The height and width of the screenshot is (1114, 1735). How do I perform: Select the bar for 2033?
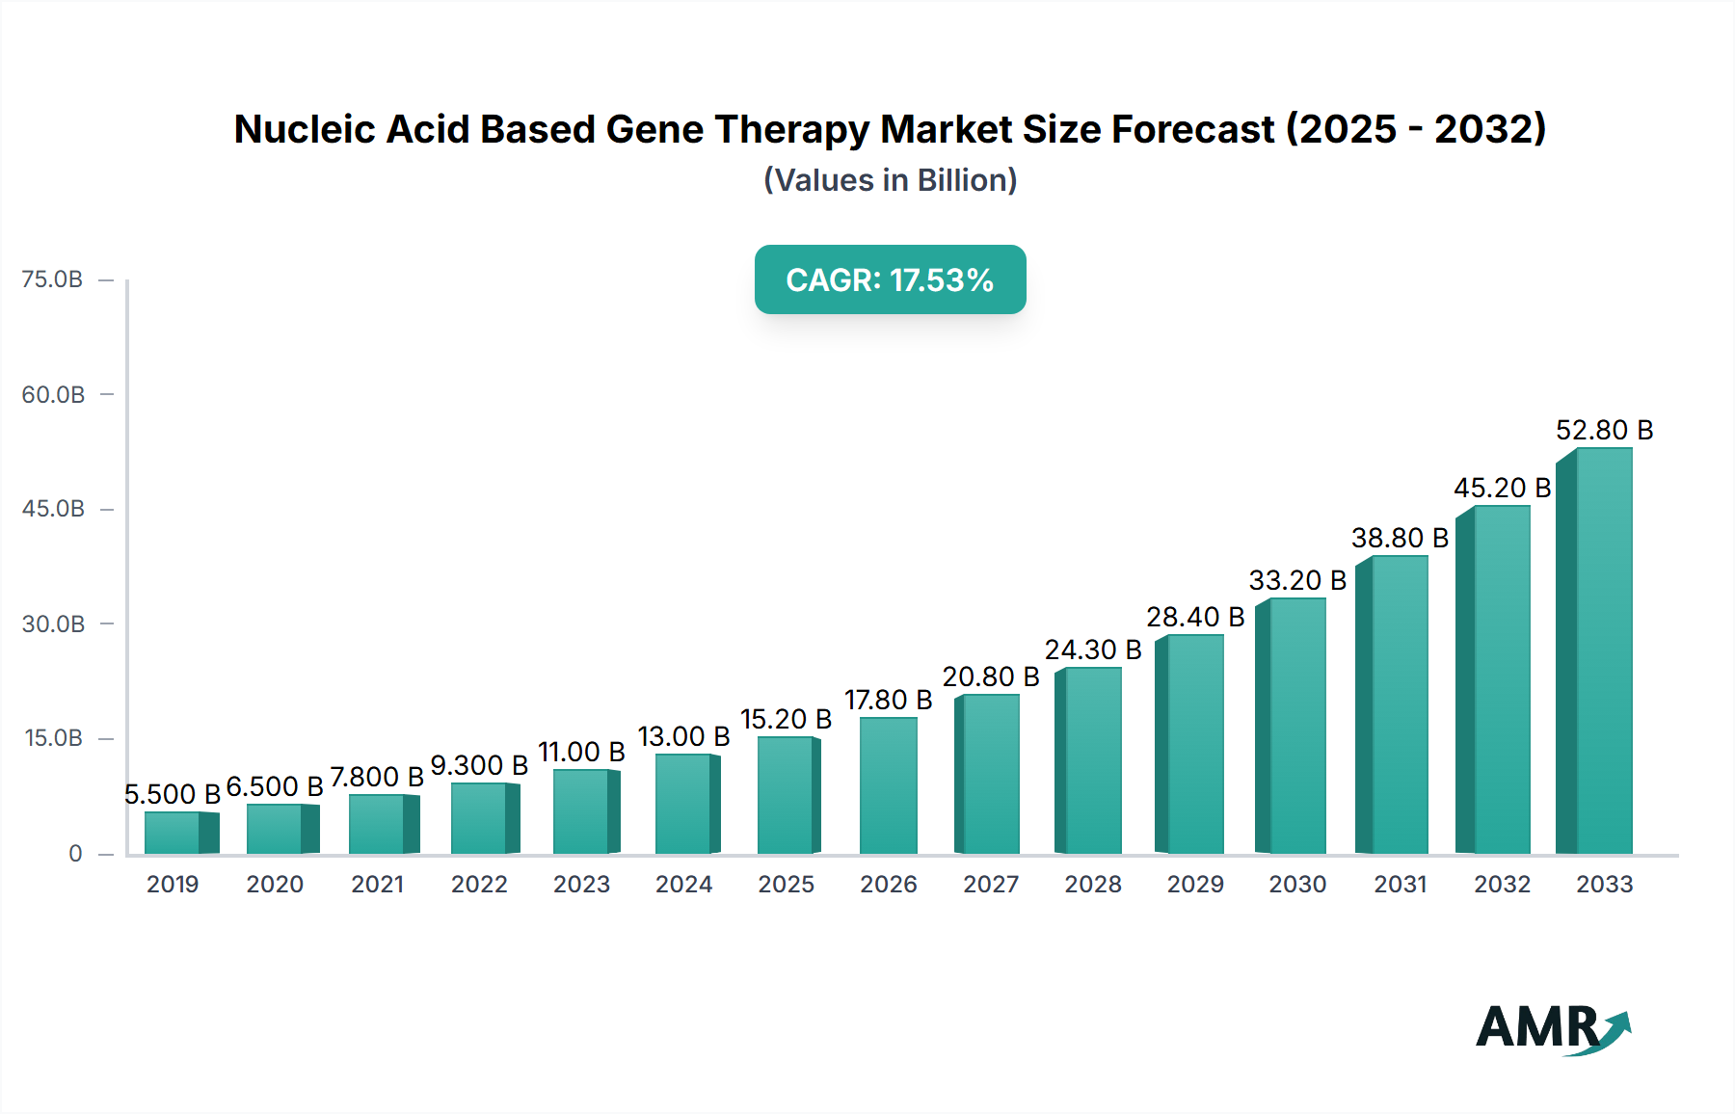point(1596,651)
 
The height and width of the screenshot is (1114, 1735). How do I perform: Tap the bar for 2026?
point(888,785)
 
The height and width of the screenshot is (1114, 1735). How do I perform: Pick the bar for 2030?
point(1293,726)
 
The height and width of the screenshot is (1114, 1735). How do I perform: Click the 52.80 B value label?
point(1604,430)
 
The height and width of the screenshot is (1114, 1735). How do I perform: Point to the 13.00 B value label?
point(683,736)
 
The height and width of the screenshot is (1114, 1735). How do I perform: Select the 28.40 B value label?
point(1194,617)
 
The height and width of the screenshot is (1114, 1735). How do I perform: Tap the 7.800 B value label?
point(377,777)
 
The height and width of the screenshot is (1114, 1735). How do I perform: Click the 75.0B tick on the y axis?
point(53,279)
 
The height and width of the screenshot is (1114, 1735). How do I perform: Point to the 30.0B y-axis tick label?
point(53,623)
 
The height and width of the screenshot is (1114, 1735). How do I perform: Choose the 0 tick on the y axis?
point(75,854)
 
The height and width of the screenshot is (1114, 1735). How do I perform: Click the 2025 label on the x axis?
point(786,884)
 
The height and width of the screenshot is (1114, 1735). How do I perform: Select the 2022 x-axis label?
point(479,884)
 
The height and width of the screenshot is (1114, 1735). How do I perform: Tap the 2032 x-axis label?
point(1502,884)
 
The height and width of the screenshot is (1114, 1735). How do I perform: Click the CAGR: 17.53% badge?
point(890,279)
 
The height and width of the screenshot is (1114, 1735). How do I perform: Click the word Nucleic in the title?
point(304,129)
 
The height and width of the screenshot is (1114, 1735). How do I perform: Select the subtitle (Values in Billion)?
point(890,180)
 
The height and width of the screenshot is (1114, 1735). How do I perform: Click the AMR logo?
point(1552,1027)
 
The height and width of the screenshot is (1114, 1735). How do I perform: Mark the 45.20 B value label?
point(1502,488)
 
